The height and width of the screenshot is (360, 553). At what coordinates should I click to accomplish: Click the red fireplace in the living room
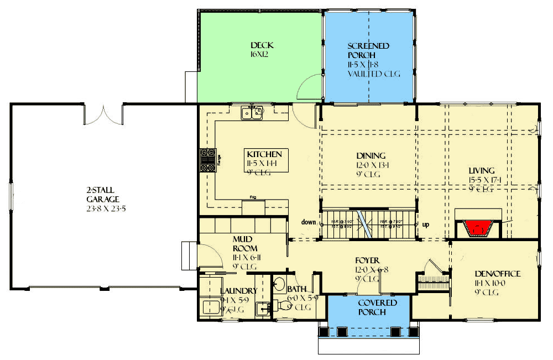(x=479, y=227)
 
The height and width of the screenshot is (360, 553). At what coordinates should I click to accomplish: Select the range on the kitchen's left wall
(x=208, y=160)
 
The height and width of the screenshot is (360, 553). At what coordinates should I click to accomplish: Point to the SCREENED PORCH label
(x=368, y=51)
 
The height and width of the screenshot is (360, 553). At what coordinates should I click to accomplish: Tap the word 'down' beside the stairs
(x=309, y=222)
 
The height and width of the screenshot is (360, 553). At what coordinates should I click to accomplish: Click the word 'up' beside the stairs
(x=425, y=225)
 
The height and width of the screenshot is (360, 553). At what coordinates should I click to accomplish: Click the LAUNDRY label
(x=238, y=291)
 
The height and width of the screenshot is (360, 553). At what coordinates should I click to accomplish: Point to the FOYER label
(x=368, y=260)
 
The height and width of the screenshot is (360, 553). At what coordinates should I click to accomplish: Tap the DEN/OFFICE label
(x=497, y=274)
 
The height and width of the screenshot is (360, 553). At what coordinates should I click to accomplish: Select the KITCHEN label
(x=264, y=154)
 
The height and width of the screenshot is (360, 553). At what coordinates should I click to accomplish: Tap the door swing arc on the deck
(x=309, y=88)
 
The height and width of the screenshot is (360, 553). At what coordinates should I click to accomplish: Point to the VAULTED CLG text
(x=373, y=74)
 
